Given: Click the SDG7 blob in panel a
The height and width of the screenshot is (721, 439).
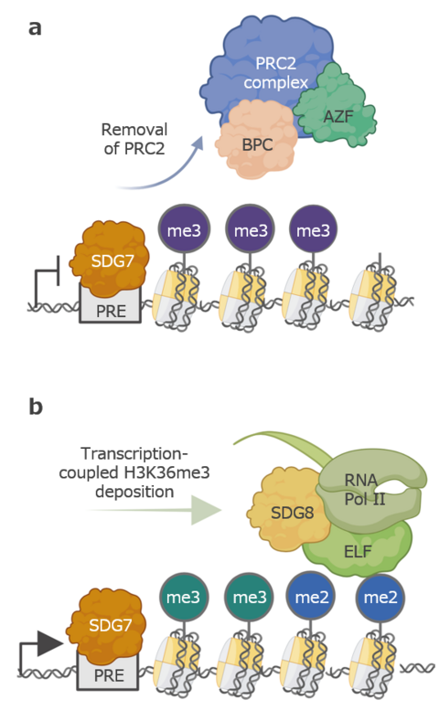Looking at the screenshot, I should coord(108,258).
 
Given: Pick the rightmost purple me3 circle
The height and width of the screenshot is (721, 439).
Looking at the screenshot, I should coord(314,232).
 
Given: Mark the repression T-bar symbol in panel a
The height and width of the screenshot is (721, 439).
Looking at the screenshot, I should coord(46,279).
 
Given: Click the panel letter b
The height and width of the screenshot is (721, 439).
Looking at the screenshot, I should coord(36,406).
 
